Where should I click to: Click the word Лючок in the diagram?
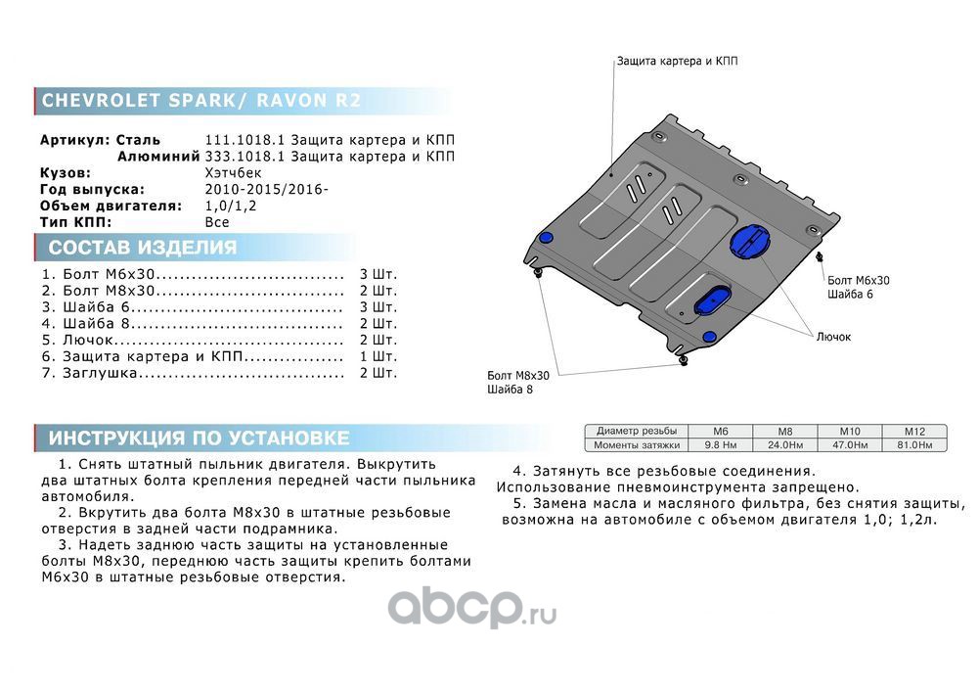833,337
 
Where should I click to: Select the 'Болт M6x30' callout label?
858,280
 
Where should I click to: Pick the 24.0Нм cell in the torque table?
785,444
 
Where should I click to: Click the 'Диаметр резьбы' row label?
636,431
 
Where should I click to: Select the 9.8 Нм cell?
721,444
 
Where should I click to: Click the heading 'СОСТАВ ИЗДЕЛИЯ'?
142,248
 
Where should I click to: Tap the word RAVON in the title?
289,101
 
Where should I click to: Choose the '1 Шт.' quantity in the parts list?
378,356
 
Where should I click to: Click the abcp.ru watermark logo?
472,610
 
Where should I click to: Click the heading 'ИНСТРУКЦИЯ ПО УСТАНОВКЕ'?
199,438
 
